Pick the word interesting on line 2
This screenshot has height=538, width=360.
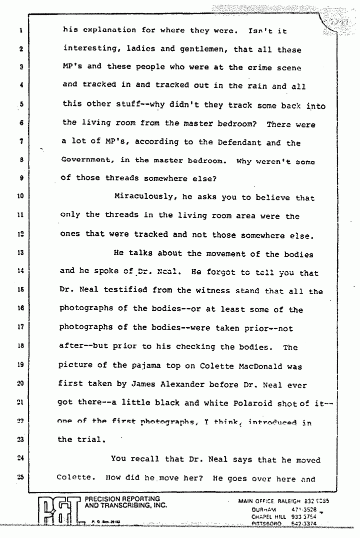point(90,49)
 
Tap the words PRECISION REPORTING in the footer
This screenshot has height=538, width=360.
point(122,499)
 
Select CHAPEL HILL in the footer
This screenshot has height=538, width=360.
point(264,516)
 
